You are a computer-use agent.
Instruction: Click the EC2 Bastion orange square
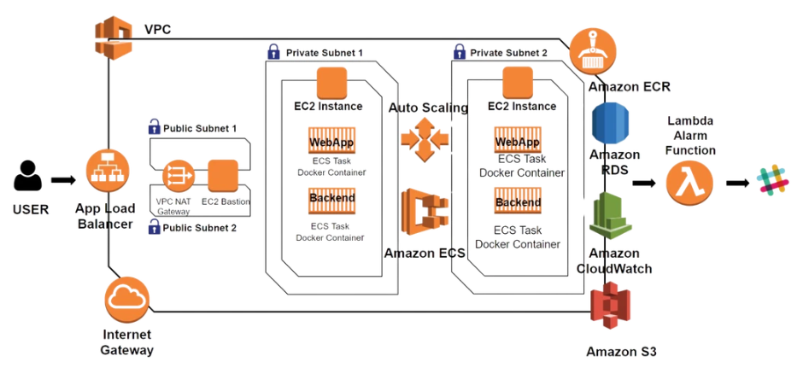click(x=222, y=176)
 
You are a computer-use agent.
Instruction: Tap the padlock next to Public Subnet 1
click(x=155, y=128)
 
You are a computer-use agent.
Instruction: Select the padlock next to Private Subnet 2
click(x=460, y=52)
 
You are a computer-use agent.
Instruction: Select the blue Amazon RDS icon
click(x=610, y=122)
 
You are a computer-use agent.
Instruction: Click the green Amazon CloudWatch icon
click(x=610, y=218)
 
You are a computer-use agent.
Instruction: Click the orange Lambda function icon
click(x=689, y=182)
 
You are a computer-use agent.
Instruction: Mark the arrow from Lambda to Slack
click(x=736, y=183)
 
